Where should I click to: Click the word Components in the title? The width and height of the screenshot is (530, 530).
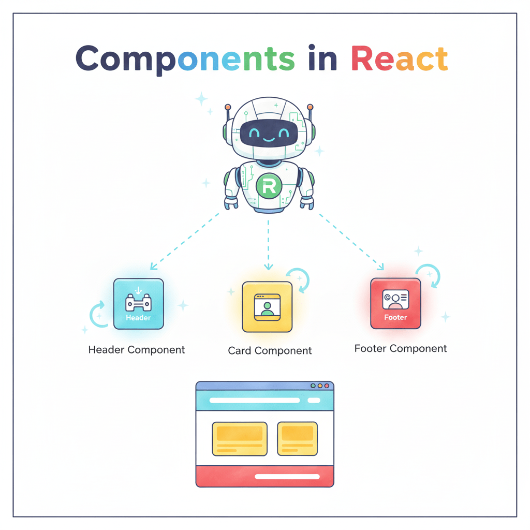tap(185, 58)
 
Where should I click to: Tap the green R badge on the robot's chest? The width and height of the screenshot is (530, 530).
tap(269, 187)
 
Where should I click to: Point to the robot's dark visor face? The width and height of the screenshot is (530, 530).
tap(269, 133)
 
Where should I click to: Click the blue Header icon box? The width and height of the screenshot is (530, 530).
tap(138, 304)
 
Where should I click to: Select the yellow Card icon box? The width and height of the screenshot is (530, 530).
tap(267, 306)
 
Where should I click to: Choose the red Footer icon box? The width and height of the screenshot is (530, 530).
tap(395, 303)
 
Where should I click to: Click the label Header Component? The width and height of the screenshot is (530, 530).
tap(137, 350)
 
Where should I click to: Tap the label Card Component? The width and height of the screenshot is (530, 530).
tap(270, 351)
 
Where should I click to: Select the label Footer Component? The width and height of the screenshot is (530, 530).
tap(401, 348)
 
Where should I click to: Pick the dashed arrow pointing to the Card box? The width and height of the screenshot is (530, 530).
tap(268, 243)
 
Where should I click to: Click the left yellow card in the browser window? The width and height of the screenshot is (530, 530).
tap(240, 438)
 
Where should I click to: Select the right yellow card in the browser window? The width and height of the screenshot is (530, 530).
tap(297, 438)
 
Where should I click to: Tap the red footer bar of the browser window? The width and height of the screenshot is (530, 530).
tap(264, 476)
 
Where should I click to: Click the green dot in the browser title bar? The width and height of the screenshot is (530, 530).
tap(313, 386)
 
